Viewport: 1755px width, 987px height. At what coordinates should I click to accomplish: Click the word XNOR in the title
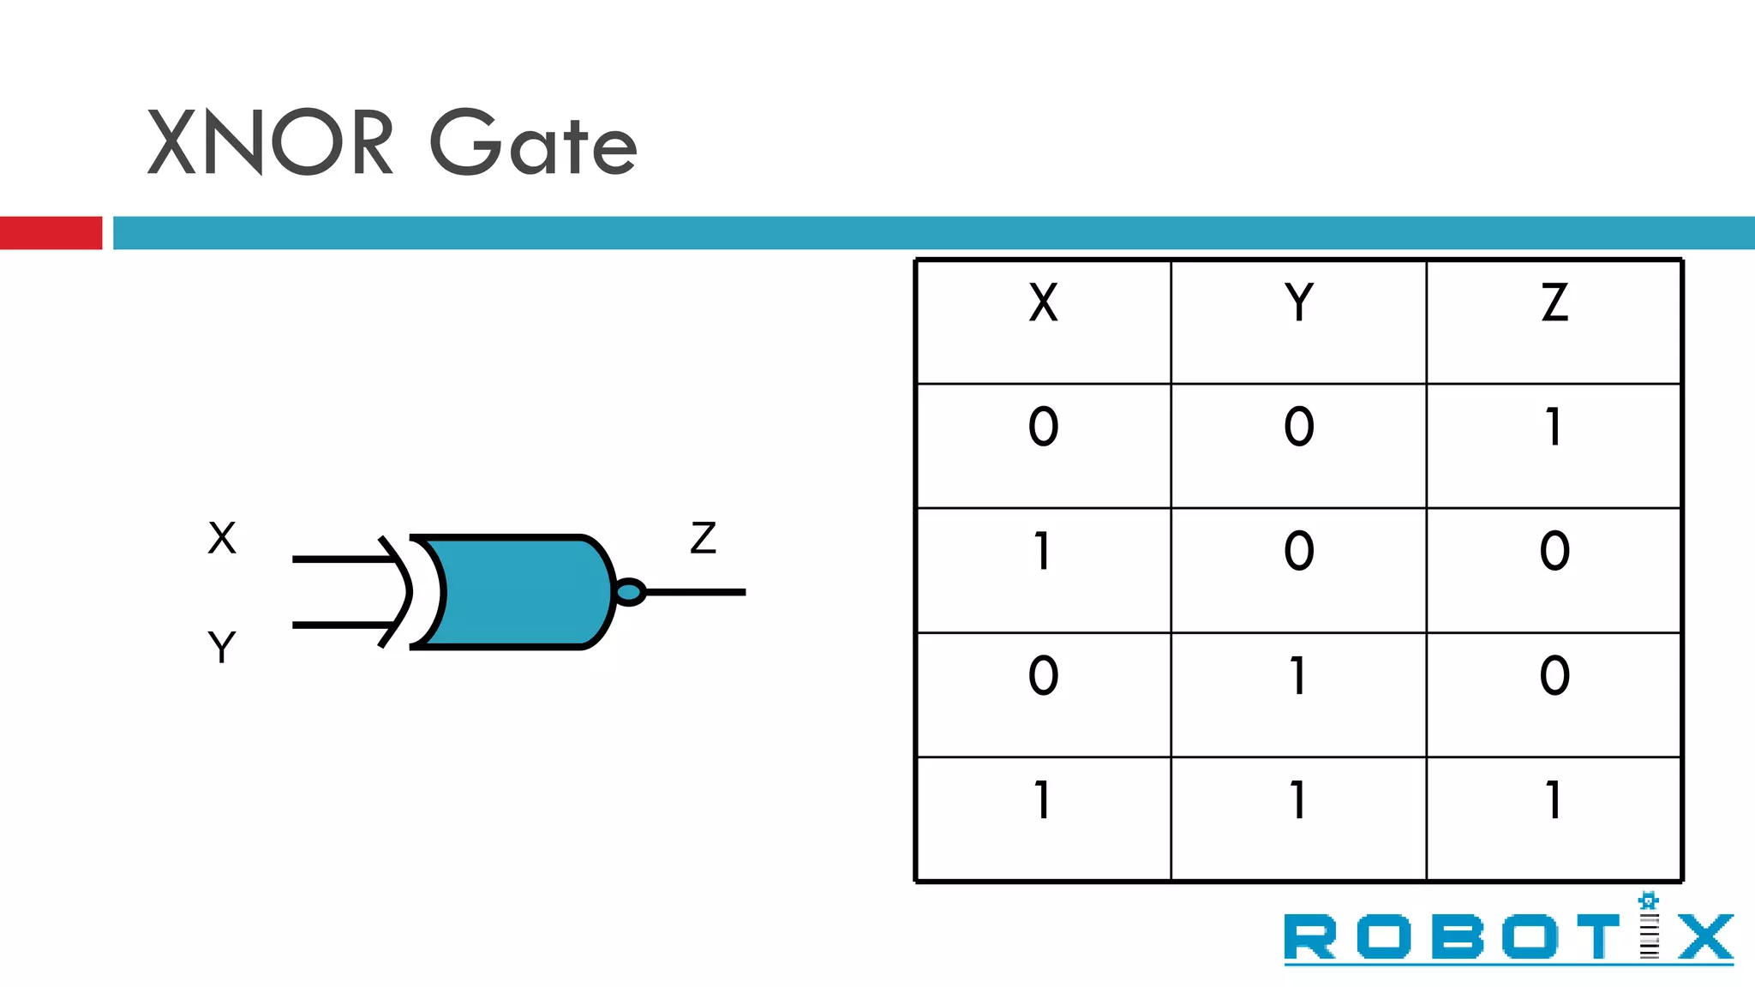(270, 142)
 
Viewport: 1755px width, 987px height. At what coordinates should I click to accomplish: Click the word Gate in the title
(533, 144)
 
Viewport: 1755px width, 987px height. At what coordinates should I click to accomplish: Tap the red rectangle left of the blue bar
(51, 233)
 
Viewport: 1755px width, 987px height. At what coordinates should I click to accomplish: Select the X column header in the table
(1043, 302)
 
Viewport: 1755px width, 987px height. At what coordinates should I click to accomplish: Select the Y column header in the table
(1299, 302)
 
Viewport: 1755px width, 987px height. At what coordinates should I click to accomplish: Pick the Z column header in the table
(1554, 302)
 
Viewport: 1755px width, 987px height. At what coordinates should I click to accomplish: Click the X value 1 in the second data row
(1043, 551)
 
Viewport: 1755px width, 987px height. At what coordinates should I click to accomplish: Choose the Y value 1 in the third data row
(1299, 676)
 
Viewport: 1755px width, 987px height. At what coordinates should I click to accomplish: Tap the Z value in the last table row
(1554, 800)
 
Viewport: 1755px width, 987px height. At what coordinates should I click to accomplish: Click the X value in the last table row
(1043, 800)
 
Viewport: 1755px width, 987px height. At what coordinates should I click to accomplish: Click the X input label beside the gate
(222, 538)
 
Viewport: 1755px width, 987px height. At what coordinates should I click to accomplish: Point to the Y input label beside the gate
(222, 647)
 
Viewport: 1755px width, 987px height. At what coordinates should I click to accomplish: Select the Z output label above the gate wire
(704, 538)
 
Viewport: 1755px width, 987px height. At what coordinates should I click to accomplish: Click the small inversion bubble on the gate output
(630, 592)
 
